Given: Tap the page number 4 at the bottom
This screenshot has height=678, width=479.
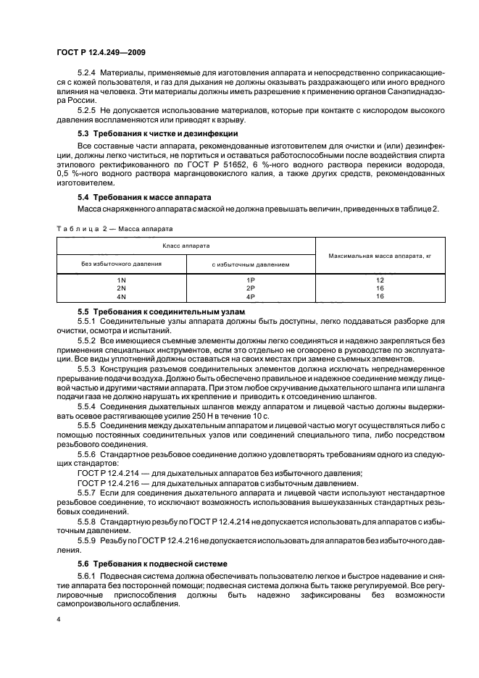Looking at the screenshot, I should (59, 620).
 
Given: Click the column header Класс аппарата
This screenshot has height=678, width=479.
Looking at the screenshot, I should (186, 247).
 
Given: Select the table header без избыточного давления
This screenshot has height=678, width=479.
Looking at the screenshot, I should (121, 264).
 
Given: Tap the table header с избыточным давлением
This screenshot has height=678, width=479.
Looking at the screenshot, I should (251, 264).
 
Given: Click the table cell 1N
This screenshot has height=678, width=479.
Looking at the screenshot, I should (121, 280).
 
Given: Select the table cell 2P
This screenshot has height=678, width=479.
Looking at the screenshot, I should (251, 288).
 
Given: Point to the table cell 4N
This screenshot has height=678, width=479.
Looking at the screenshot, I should (121, 296).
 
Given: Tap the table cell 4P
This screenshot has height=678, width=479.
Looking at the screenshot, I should (251, 296).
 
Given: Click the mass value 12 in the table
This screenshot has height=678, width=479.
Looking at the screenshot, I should (380, 280).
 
